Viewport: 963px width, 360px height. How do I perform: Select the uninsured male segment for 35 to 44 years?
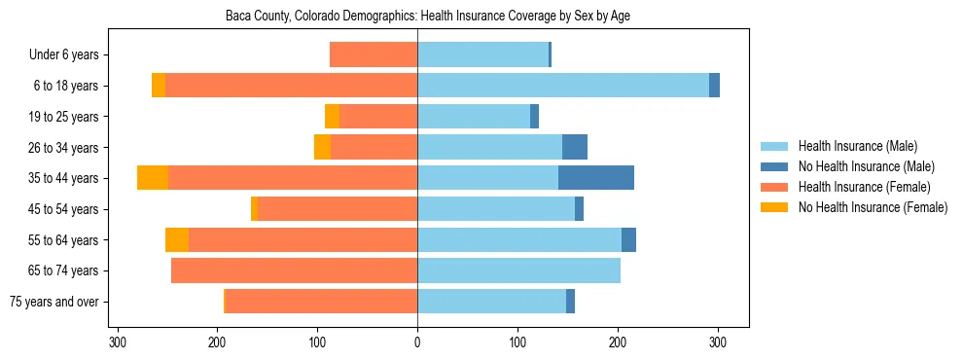click(x=596, y=178)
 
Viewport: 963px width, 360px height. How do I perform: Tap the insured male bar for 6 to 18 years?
click(x=563, y=86)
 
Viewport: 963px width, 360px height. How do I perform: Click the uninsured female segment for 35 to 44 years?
click(x=153, y=178)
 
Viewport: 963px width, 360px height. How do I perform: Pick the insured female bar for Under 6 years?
click(x=374, y=54)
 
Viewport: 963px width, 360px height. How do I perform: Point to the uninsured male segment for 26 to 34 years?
click(x=575, y=147)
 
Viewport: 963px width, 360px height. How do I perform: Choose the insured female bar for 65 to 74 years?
click(x=294, y=270)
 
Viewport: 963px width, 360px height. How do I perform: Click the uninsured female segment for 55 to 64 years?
click(x=177, y=239)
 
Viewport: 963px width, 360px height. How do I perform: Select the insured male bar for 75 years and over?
click(x=491, y=302)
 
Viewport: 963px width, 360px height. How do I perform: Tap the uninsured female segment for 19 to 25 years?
click(x=332, y=117)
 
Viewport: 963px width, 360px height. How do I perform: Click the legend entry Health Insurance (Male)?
click(x=857, y=146)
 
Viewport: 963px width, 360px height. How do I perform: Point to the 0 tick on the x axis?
click(x=417, y=342)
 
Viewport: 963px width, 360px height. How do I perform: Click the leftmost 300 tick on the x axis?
click(x=118, y=342)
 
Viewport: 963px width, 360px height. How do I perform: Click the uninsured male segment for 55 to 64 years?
click(x=628, y=239)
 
